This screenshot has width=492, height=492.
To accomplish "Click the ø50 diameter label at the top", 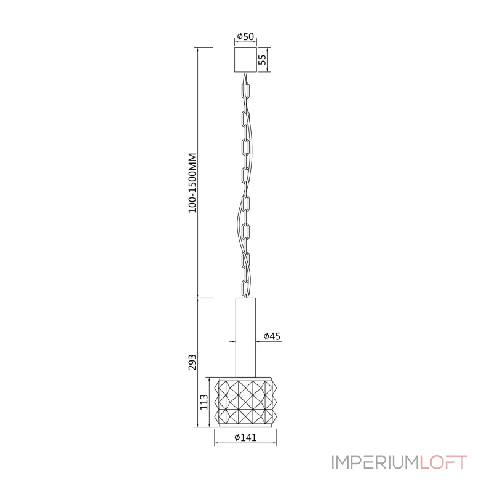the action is (x=245, y=36).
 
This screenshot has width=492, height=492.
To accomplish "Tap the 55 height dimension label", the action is (x=263, y=60).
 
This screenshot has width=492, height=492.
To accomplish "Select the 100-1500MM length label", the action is (x=192, y=183).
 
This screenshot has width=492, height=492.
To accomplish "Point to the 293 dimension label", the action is (x=192, y=362).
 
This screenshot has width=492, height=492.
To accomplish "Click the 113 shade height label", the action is (x=204, y=402).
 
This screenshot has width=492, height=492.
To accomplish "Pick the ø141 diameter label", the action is (x=245, y=437).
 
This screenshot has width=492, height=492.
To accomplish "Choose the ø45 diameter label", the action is (x=272, y=336).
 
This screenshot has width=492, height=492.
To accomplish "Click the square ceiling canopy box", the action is (x=245, y=60).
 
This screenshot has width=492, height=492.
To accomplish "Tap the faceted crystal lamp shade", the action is (x=245, y=402).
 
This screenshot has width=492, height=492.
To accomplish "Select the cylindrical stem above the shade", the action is (x=245, y=337).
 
